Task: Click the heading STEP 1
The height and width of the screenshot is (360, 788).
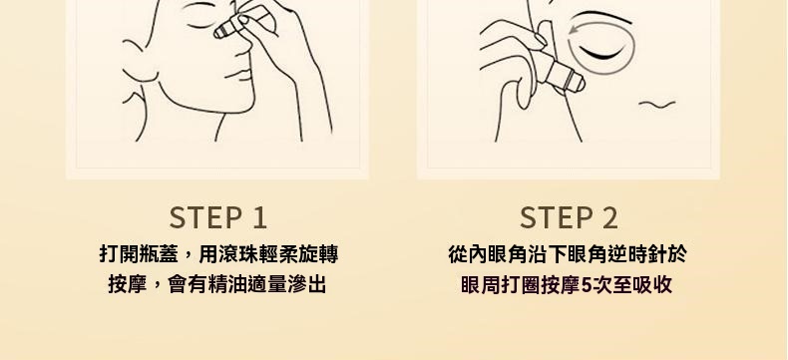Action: pos(217,218)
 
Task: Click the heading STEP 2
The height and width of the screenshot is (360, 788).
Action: pos(569,218)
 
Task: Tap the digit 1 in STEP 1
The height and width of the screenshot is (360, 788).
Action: pos(258,218)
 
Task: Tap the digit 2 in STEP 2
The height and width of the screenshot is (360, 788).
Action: pos(609,218)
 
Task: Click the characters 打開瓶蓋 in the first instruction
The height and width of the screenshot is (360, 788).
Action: pos(139,254)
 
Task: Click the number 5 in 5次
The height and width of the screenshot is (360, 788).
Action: pos(586,285)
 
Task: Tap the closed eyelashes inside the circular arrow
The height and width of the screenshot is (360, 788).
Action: pos(602,53)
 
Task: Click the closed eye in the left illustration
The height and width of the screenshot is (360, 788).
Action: pos(200,24)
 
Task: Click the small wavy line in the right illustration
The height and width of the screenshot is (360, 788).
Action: pos(657,104)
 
